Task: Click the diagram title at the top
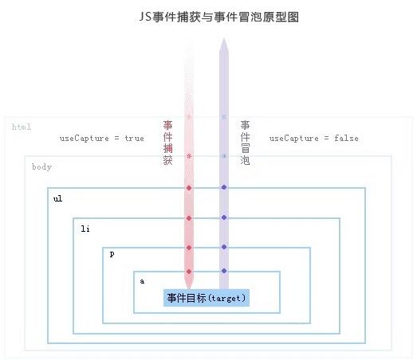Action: click(x=219, y=17)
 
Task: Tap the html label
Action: click(x=22, y=127)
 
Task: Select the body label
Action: click(x=41, y=166)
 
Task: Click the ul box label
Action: click(x=57, y=198)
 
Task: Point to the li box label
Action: click(x=85, y=229)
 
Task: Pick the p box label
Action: click(x=112, y=254)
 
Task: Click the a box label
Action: click(x=142, y=281)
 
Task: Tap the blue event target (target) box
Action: click(x=207, y=298)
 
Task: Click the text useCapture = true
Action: click(x=102, y=138)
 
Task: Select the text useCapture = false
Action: click(x=314, y=138)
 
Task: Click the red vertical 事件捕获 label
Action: click(x=167, y=143)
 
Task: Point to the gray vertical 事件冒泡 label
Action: click(x=245, y=143)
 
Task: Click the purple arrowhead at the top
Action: click(x=224, y=45)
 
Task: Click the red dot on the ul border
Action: click(x=189, y=188)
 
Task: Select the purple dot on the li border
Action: click(x=224, y=217)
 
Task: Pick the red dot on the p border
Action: click(x=189, y=248)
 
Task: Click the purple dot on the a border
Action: click(x=224, y=271)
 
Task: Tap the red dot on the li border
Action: click(x=189, y=218)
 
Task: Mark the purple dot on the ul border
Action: click(x=224, y=187)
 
